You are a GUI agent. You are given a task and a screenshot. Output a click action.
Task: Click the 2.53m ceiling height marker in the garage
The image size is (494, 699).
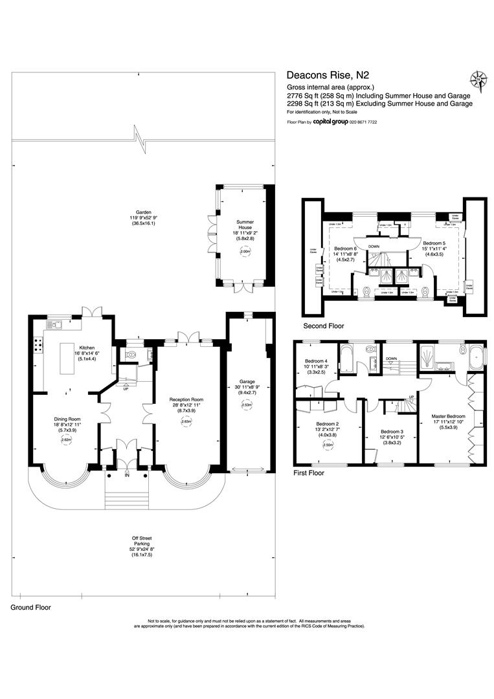coord(245,405)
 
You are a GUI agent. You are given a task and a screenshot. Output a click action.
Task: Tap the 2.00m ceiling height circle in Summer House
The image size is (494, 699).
coord(245,252)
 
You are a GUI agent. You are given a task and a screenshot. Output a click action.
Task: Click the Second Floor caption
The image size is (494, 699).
coord(323,326)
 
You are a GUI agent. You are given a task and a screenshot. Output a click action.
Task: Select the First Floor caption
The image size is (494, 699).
coord(309,473)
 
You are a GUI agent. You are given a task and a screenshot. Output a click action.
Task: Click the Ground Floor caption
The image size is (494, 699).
coord(30,608)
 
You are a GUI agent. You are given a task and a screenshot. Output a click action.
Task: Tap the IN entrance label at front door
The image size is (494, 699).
coord(128,475)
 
